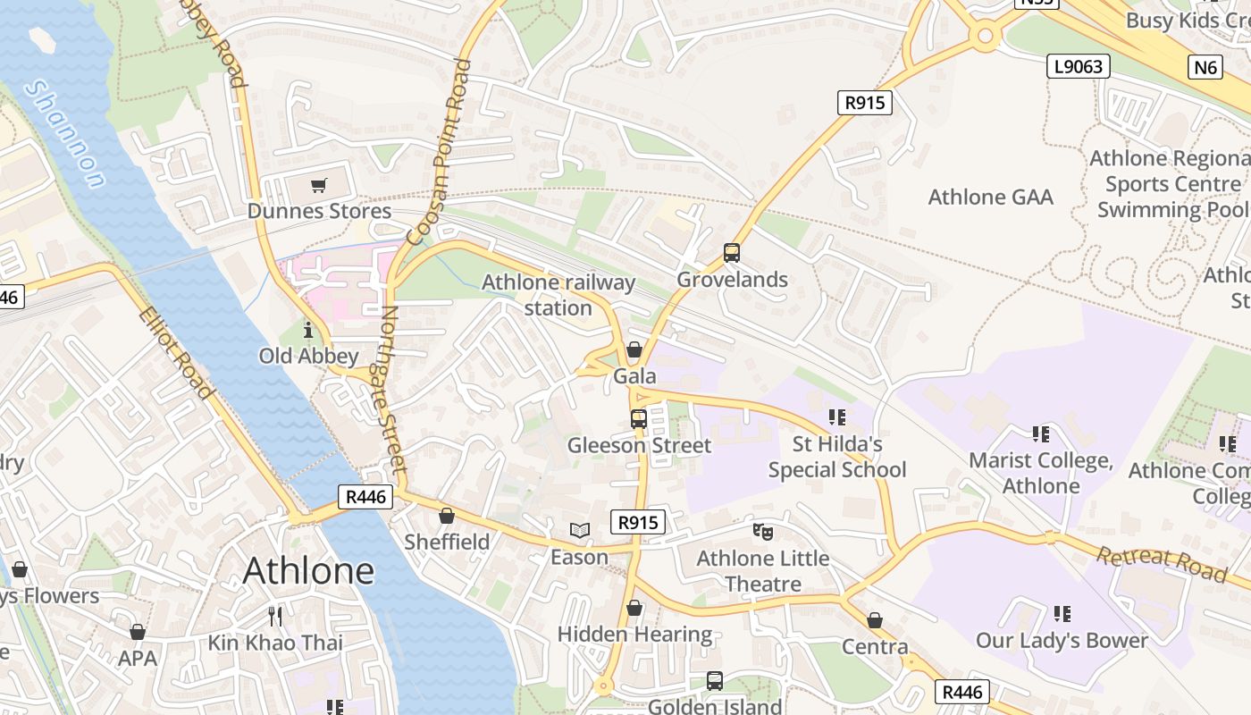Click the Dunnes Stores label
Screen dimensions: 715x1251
pyautogui.click(x=319, y=211)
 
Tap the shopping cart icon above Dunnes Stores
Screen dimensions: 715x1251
pyautogui.click(x=318, y=186)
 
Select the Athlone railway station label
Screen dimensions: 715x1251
pyautogui.click(x=558, y=295)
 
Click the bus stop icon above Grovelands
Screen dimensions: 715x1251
pyautogui.click(x=732, y=253)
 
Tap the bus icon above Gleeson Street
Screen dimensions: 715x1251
pyautogui.click(x=639, y=418)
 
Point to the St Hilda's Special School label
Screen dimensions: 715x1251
pyautogui.click(x=837, y=457)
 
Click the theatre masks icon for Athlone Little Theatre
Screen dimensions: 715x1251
pyautogui.click(x=762, y=532)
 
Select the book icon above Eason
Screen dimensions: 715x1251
pyautogui.click(x=580, y=531)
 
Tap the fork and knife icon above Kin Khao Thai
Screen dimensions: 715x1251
pyautogui.click(x=275, y=616)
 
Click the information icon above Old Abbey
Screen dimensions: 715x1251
pyautogui.click(x=308, y=330)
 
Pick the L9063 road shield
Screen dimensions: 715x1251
pyautogui.click(x=1078, y=66)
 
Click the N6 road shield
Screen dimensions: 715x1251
pyautogui.click(x=1205, y=67)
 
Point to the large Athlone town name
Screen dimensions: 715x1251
pyautogui.click(x=308, y=570)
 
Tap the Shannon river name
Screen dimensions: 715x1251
pyautogui.click(x=64, y=134)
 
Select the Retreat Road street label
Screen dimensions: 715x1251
pyautogui.click(x=1162, y=563)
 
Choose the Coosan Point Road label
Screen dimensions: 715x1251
pyautogui.click(x=439, y=152)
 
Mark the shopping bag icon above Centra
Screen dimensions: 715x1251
pyautogui.click(x=875, y=620)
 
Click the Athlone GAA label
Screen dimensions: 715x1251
pyautogui.click(x=991, y=197)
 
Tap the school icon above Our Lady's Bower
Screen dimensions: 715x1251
pyautogui.click(x=1062, y=614)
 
